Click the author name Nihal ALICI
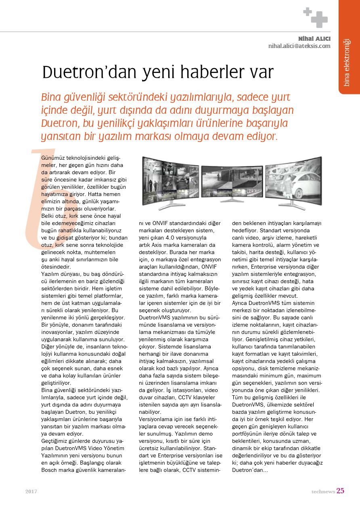[314, 39]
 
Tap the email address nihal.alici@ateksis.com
[299, 46]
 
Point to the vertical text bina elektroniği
[346, 63]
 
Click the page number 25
[340, 491]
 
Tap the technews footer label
[323, 492]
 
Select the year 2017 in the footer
[31, 492]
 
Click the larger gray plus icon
[319, 19]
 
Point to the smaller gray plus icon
[308, 12]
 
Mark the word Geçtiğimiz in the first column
[56, 441]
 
